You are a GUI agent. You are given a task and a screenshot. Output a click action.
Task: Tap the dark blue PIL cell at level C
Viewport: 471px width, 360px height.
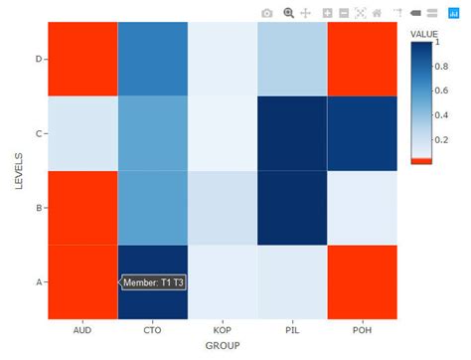[x=292, y=133]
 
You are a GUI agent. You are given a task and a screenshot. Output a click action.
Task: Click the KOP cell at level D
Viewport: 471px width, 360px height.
[x=222, y=59]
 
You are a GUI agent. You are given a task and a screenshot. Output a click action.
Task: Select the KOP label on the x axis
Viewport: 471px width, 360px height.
[x=222, y=329]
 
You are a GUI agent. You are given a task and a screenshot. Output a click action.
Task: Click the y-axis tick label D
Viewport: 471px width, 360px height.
[x=39, y=59]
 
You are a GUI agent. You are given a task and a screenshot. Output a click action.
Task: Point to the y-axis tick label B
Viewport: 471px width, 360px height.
[x=39, y=208]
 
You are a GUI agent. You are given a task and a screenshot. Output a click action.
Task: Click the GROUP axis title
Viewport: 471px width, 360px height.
[x=222, y=345]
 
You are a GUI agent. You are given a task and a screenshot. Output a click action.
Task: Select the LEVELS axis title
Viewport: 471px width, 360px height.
[x=17, y=170]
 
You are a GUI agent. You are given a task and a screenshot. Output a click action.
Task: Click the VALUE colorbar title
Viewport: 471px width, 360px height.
[x=424, y=33]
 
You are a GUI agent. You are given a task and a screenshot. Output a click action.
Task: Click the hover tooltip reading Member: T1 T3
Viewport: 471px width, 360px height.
[x=153, y=282]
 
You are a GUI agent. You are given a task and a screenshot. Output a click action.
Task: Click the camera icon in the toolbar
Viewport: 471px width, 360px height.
[x=266, y=13]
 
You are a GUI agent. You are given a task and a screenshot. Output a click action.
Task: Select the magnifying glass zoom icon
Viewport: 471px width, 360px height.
[x=288, y=13]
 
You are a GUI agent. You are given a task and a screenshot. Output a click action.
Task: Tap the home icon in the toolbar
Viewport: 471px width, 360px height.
[x=377, y=13]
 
